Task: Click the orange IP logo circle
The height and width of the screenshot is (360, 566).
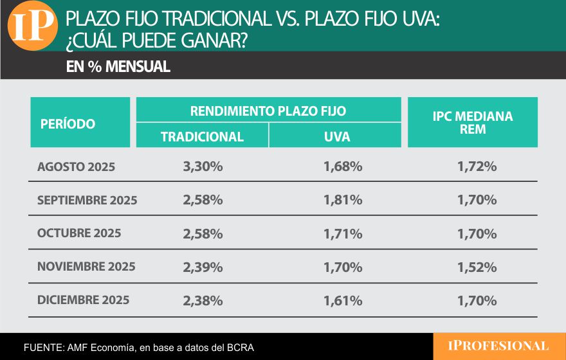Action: (x=33, y=26)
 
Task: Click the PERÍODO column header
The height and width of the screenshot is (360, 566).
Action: (x=68, y=123)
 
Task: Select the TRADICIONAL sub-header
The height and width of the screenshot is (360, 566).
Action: (x=202, y=136)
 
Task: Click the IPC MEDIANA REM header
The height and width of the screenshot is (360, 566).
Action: (x=473, y=122)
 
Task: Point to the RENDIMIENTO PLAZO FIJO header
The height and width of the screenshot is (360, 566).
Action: (x=268, y=111)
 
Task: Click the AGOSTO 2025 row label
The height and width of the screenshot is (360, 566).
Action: (x=76, y=166)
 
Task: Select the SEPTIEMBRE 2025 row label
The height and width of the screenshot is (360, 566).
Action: (x=87, y=200)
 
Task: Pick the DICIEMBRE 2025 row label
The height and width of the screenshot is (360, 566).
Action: (x=83, y=300)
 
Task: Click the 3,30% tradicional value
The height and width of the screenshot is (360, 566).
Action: (x=203, y=166)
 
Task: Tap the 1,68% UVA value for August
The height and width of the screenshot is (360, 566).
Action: (x=343, y=166)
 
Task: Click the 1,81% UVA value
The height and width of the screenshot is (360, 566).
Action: (x=343, y=200)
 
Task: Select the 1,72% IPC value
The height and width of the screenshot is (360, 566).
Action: (x=477, y=166)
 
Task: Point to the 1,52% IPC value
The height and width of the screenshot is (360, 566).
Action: (x=477, y=267)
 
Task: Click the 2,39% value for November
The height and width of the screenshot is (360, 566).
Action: (x=203, y=267)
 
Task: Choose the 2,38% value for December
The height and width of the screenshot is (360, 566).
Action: (x=203, y=300)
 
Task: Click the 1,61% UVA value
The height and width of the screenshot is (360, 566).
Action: (x=343, y=300)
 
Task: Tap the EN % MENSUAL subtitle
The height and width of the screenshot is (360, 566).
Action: (x=118, y=67)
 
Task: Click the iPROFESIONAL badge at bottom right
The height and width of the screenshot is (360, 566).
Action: (x=498, y=346)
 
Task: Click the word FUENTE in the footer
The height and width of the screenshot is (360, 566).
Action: (x=42, y=347)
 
